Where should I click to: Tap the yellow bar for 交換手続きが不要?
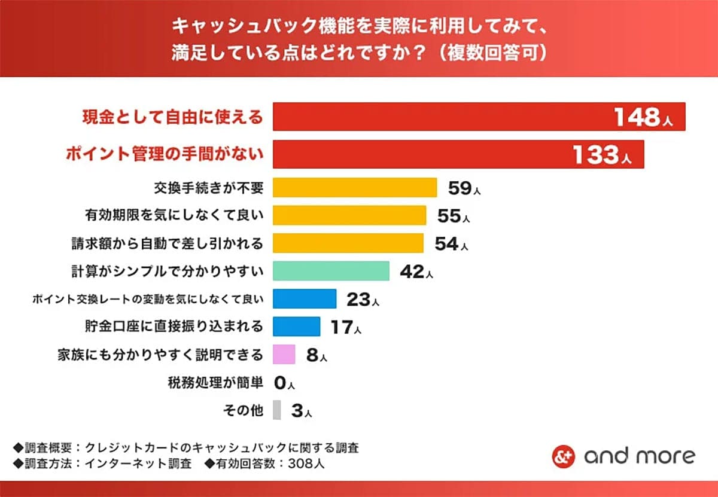click(355, 187)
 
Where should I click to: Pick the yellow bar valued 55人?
click(349, 215)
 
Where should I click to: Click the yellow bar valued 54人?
click(348, 243)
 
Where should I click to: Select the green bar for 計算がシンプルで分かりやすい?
click(331, 271)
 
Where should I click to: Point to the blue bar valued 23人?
click(305, 298)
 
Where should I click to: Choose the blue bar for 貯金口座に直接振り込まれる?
click(297, 327)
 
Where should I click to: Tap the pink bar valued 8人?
click(284, 354)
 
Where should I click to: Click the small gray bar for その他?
click(276, 410)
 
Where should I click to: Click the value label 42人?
click(416, 272)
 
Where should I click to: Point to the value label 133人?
click(602, 155)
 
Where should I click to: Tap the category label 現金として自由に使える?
click(172, 117)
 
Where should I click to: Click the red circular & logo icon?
click(563, 456)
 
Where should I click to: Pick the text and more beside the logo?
click(640, 456)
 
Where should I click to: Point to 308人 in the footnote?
click(306, 464)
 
